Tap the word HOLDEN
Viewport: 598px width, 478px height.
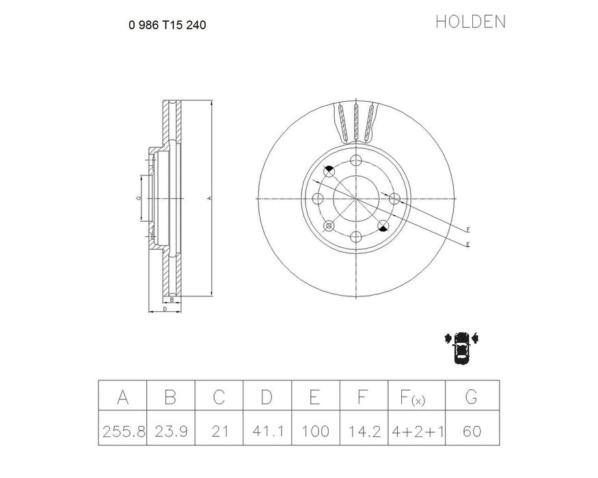tap(470, 22)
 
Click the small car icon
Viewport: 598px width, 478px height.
tap(462, 346)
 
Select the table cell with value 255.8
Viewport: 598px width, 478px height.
tap(122, 432)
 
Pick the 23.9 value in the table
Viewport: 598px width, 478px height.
tap(170, 432)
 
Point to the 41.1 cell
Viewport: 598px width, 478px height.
tap(267, 432)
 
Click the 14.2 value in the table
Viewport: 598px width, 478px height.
tap(364, 432)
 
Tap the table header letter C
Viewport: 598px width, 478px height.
tap(219, 397)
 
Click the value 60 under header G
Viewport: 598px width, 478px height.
tap(472, 432)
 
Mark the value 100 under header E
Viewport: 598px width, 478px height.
tap(315, 432)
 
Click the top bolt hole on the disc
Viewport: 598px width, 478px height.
tap(356, 160)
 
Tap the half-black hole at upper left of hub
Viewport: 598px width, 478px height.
tap(329, 171)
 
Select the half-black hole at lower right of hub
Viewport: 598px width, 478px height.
tap(383, 226)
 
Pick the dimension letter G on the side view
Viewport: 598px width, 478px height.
tap(138, 198)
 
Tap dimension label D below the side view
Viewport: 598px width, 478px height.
tap(165, 309)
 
